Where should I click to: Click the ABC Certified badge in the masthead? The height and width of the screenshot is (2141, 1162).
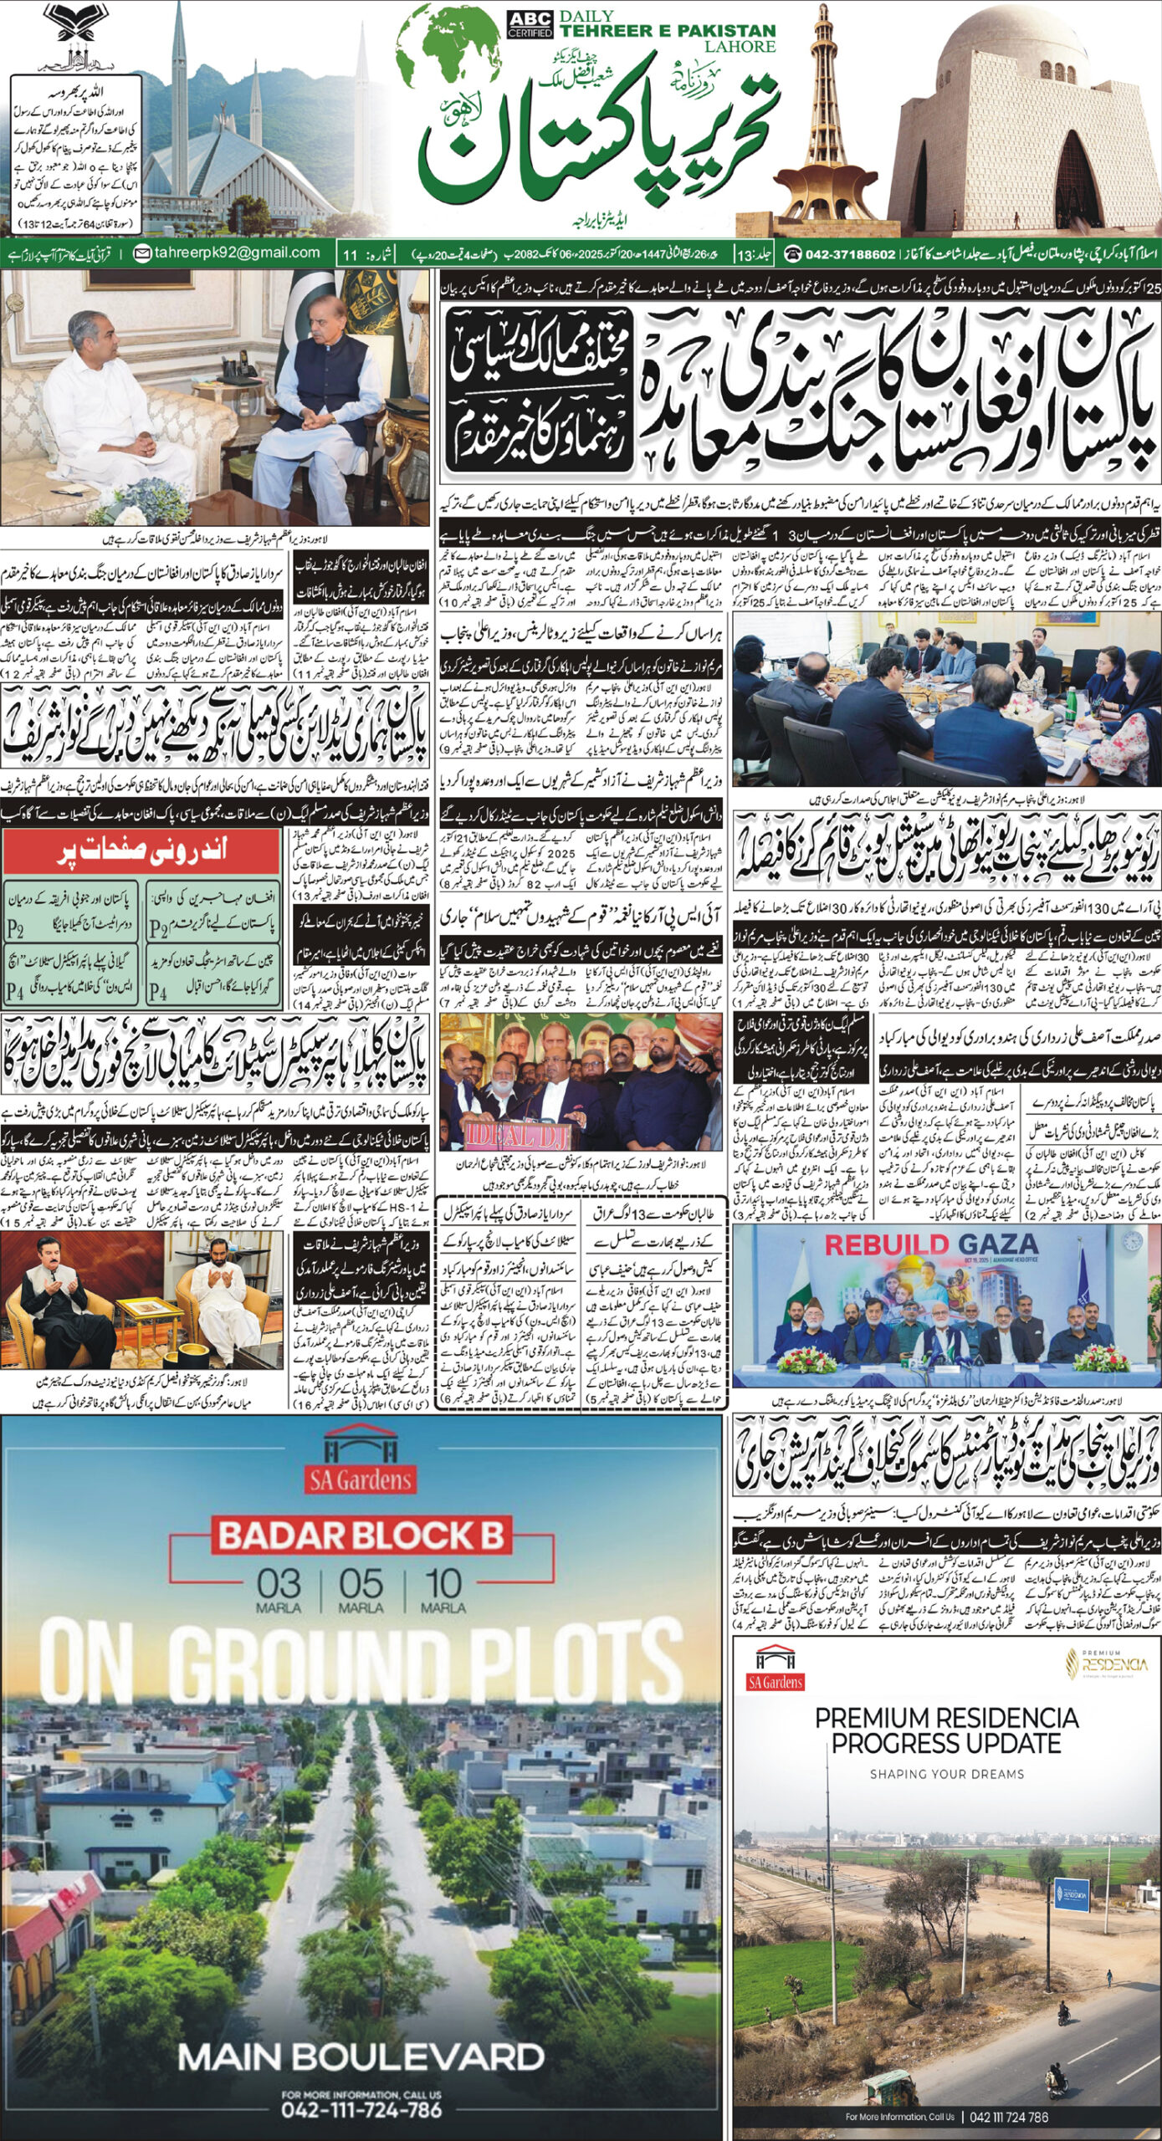tap(529, 24)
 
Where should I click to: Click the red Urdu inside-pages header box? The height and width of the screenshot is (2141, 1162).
tap(141, 853)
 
